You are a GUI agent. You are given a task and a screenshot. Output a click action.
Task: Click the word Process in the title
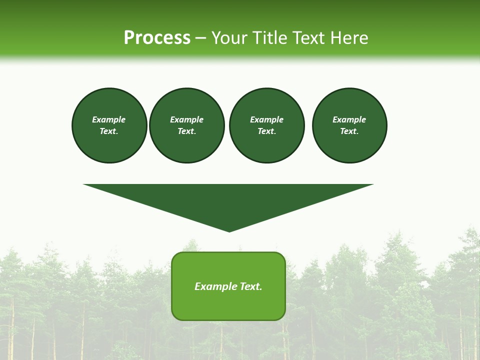click(x=157, y=38)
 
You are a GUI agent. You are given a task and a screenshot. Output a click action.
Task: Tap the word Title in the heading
click(x=270, y=38)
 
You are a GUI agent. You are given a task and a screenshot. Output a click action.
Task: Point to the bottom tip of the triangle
click(x=229, y=231)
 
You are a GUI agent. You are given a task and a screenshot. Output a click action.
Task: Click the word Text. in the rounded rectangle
click(x=250, y=286)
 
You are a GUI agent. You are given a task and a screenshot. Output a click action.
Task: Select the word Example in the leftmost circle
click(x=109, y=119)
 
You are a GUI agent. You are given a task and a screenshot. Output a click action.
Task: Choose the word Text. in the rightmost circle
click(x=349, y=131)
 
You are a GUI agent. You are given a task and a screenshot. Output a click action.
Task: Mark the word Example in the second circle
click(x=186, y=119)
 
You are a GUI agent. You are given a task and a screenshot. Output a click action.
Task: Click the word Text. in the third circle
click(x=266, y=131)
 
